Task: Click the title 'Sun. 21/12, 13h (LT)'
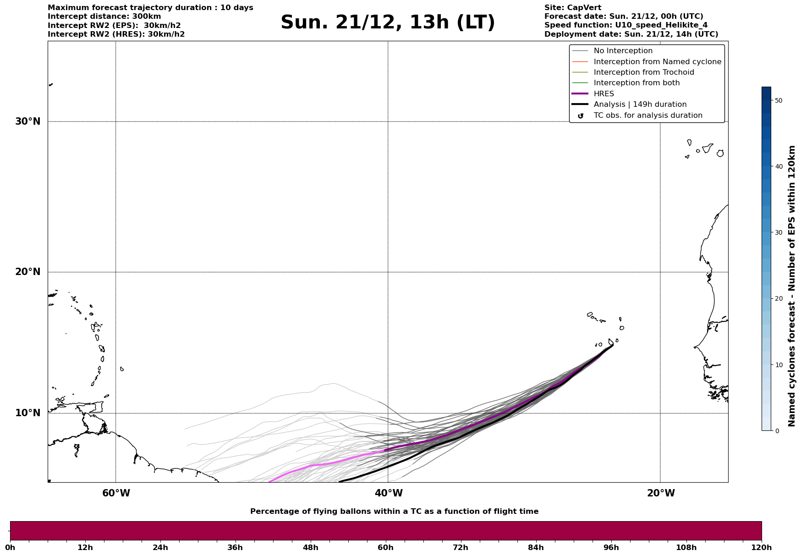(x=388, y=22)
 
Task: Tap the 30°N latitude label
(x=28, y=121)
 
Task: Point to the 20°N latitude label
(x=28, y=272)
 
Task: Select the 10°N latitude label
(x=28, y=413)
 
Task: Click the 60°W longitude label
(x=116, y=493)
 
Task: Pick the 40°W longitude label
(x=389, y=493)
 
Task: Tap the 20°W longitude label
(x=661, y=493)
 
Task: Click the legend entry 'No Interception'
(x=623, y=51)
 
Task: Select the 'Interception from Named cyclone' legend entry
(x=657, y=62)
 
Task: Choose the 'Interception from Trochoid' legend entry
(x=643, y=72)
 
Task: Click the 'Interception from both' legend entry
(x=636, y=83)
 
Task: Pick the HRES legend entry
(x=603, y=94)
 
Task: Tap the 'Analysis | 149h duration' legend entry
(x=640, y=105)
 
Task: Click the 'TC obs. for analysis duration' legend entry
(x=647, y=116)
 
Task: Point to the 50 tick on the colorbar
(x=779, y=100)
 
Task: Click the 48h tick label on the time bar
(x=310, y=547)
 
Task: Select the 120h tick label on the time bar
(x=761, y=547)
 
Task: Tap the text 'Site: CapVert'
(x=572, y=8)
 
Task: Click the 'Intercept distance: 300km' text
(x=104, y=17)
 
